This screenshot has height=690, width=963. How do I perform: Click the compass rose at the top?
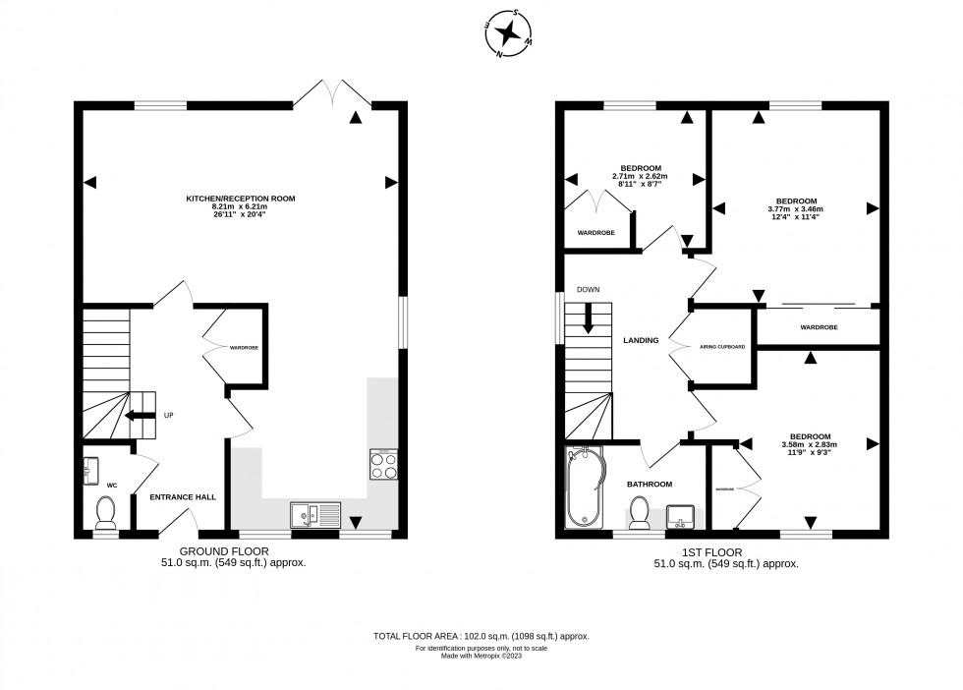pos(508,35)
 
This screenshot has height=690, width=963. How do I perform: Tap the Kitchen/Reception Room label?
pos(241,199)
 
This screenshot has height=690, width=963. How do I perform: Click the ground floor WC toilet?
pos(105,511)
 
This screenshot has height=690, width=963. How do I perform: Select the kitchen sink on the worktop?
pos(314,513)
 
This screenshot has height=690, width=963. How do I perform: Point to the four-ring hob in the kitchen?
pos(383,464)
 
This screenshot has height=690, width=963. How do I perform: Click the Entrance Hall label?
pos(183,497)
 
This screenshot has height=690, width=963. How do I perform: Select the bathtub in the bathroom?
pos(584,489)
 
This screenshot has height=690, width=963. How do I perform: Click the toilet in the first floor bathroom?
pos(639,511)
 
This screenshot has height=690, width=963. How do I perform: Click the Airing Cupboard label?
pos(722,347)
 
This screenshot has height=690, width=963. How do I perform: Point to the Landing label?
pos(641,340)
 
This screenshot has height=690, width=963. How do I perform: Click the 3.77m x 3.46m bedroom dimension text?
pos(795,209)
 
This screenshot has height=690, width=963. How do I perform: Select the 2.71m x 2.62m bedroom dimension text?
pos(640,176)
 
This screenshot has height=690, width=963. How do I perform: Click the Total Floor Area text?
pos(481,637)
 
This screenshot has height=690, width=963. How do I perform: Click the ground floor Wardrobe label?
pos(243,348)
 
